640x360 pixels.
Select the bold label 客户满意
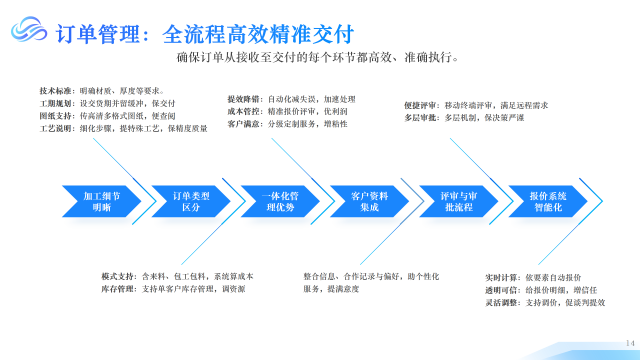246,125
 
